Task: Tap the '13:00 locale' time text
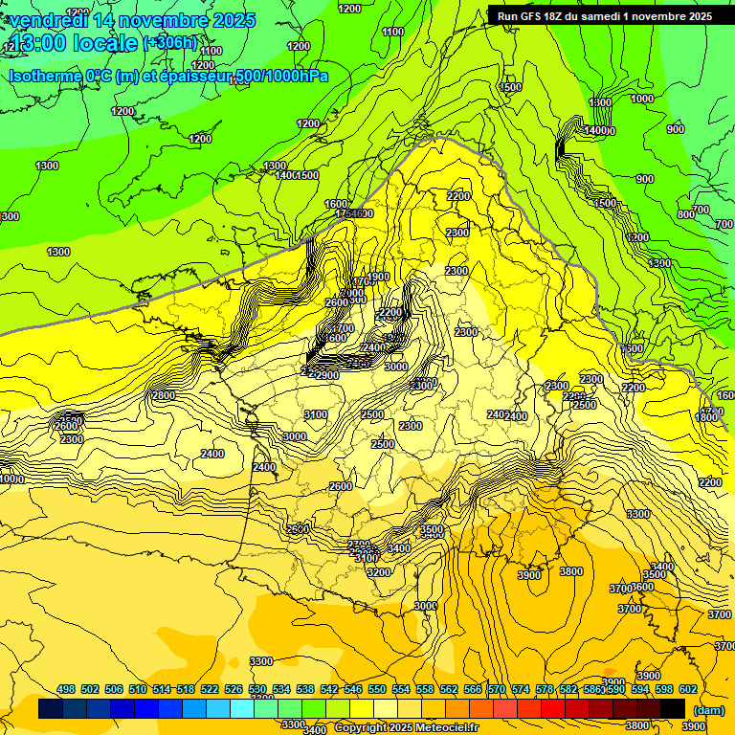click(75, 44)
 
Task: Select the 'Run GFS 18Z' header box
click(606, 16)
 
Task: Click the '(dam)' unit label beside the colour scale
click(707, 710)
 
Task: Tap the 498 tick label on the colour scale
click(66, 689)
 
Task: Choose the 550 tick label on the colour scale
click(377, 689)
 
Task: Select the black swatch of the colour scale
click(672, 708)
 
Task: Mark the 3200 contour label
click(379, 572)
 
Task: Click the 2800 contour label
click(164, 395)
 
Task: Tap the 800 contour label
click(685, 214)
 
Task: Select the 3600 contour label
click(643, 587)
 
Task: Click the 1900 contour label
click(378, 277)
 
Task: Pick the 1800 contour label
click(706, 417)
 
